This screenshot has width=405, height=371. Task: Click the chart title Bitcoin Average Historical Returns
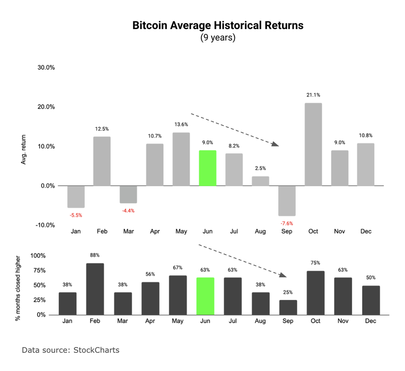click(218, 25)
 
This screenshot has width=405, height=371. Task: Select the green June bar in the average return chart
click(207, 168)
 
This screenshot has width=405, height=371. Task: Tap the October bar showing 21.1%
click(313, 144)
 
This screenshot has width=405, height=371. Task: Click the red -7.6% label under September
click(287, 223)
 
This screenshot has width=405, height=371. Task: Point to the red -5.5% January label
click(76, 215)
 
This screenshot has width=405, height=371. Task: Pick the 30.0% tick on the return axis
click(46, 67)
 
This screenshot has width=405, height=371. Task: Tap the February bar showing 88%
click(95, 289)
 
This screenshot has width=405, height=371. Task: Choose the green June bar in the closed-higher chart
click(205, 296)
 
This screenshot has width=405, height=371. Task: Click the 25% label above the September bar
click(288, 292)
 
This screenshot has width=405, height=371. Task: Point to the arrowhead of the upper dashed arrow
click(275, 144)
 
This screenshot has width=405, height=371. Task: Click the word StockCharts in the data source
click(96, 350)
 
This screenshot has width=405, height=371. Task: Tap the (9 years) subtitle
click(218, 38)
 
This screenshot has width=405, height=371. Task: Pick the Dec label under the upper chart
click(365, 232)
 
